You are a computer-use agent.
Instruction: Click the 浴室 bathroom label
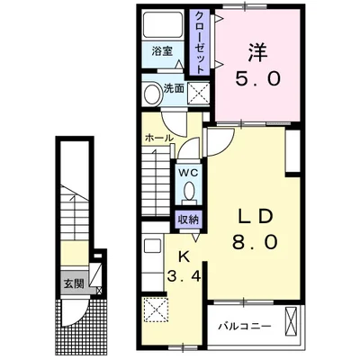tap(162, 51)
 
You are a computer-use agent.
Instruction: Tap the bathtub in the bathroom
tap(163, 24)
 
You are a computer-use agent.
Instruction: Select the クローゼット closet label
tap(200, 42)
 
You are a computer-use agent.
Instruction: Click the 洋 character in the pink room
tap(257, 53)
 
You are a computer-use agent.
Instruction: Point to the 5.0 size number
tap(257, 79)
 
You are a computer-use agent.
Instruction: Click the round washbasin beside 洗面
tap(153, 93)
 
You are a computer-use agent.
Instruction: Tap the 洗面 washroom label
tap(174, 89)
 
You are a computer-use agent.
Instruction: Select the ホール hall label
tap(159, 138)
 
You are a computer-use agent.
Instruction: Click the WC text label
tap(189, 173)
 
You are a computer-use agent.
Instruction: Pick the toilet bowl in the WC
tap(189, 191)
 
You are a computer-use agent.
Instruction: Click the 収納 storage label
tap(189, 220)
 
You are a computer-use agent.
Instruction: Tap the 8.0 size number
tap(255, 242)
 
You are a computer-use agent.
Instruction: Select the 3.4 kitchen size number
tap(184, 277)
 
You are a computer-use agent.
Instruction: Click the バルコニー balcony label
tap(245, 326)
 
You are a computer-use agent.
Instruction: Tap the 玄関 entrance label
tap(74, 283)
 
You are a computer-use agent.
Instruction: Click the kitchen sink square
tap(153, 246)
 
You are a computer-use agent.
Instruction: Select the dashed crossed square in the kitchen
tap(156, 309)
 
